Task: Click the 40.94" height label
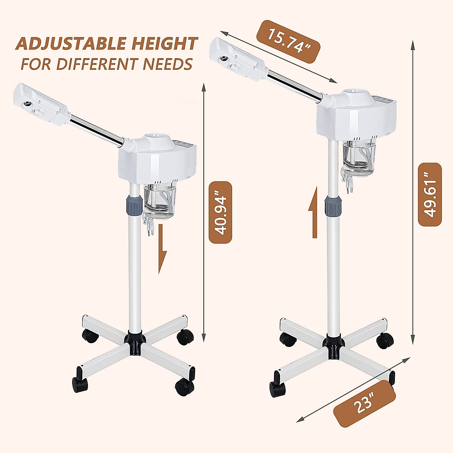coord(220,212)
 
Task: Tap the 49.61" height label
coord(430,194)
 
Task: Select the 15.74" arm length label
coord(288,42)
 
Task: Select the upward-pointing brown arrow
coord(314,219)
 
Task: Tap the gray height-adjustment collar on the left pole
coord(134,204)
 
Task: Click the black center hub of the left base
coord(136,342)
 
